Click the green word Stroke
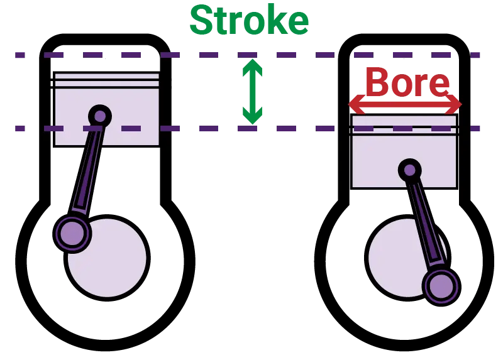(249, 20)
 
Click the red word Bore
(407, 83)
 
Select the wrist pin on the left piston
(99, 116)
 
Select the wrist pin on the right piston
(409, 169)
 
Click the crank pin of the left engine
(72, 233)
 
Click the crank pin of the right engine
(441, 286)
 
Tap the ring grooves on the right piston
(404, 131)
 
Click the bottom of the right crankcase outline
(404, 346)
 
